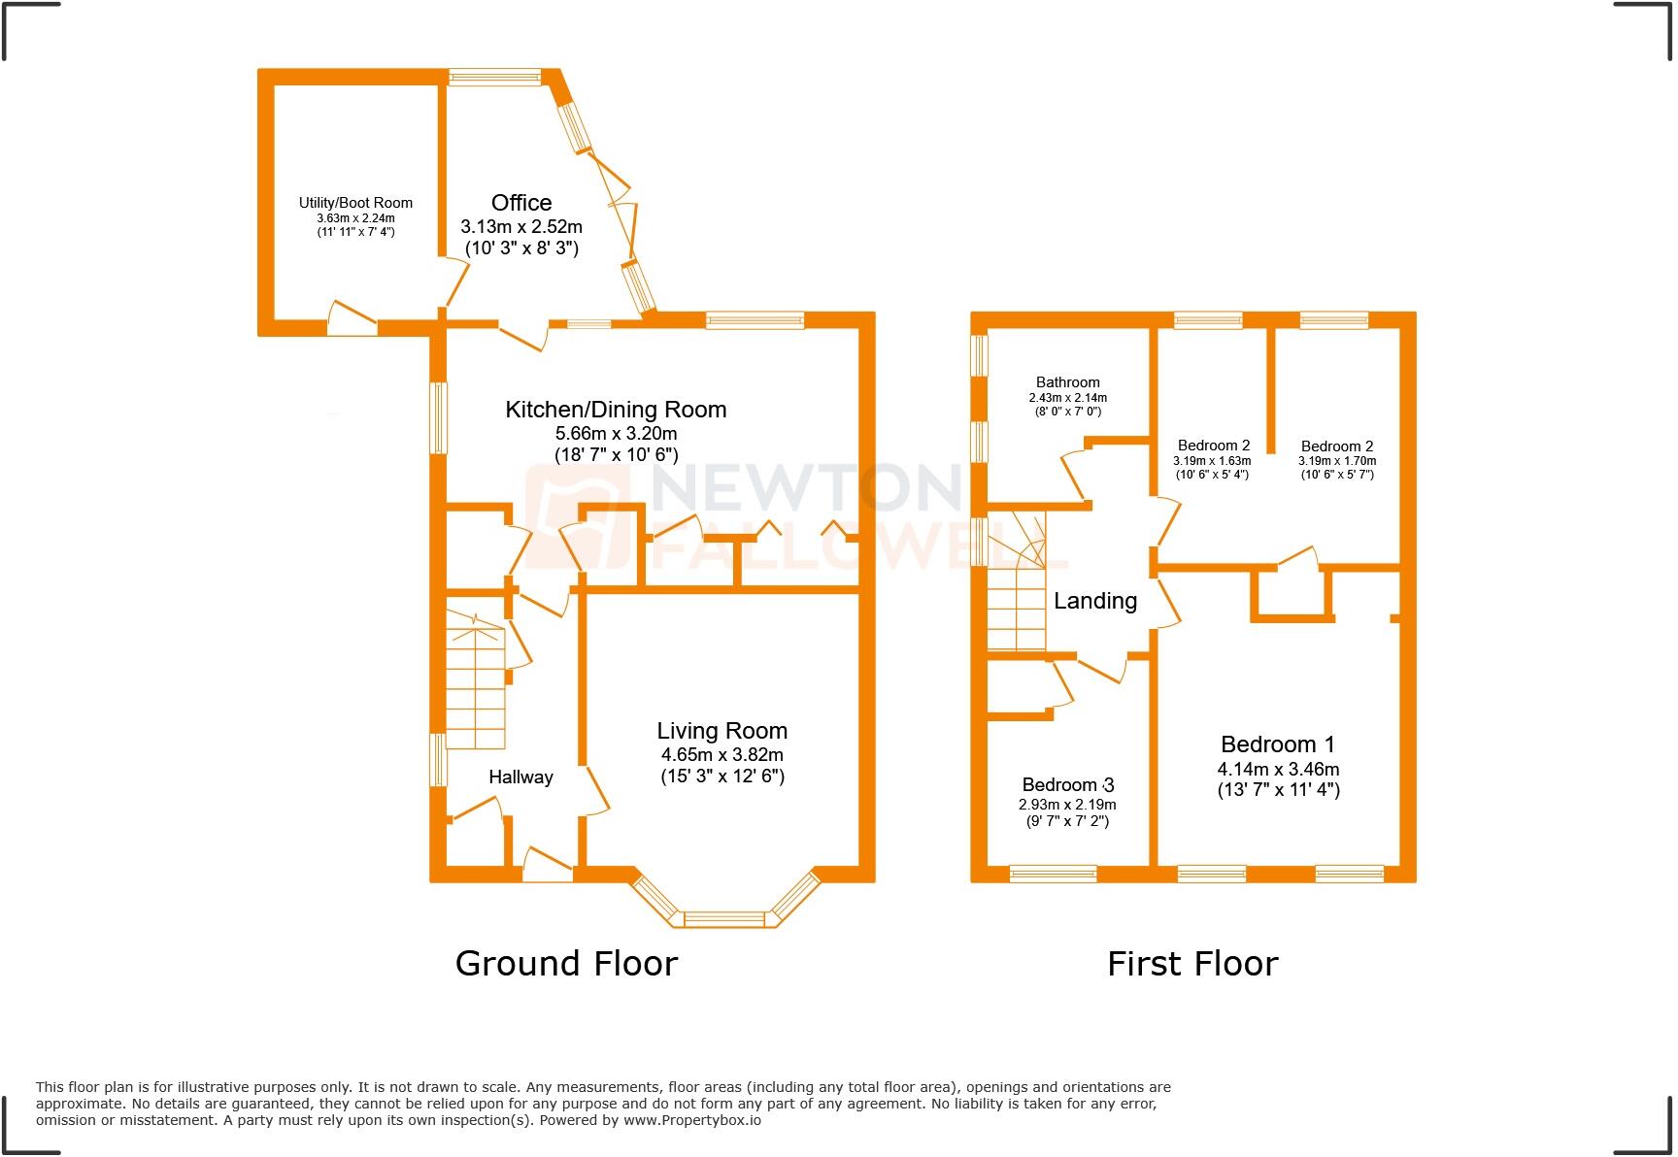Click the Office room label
521,203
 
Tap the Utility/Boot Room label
355,203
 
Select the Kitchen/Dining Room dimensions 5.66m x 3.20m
616,434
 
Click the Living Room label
722,731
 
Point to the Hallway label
520,777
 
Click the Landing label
1095,601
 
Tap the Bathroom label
1067,382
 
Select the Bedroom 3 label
1067,784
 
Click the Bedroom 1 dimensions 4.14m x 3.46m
1278,769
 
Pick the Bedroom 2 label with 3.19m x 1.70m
1337,446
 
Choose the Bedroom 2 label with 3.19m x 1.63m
1213,446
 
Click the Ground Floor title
566,963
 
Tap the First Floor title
1192,963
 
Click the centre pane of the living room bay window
724,918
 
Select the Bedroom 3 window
1053,874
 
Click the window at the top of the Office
494,77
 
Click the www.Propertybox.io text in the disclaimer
691,1120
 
